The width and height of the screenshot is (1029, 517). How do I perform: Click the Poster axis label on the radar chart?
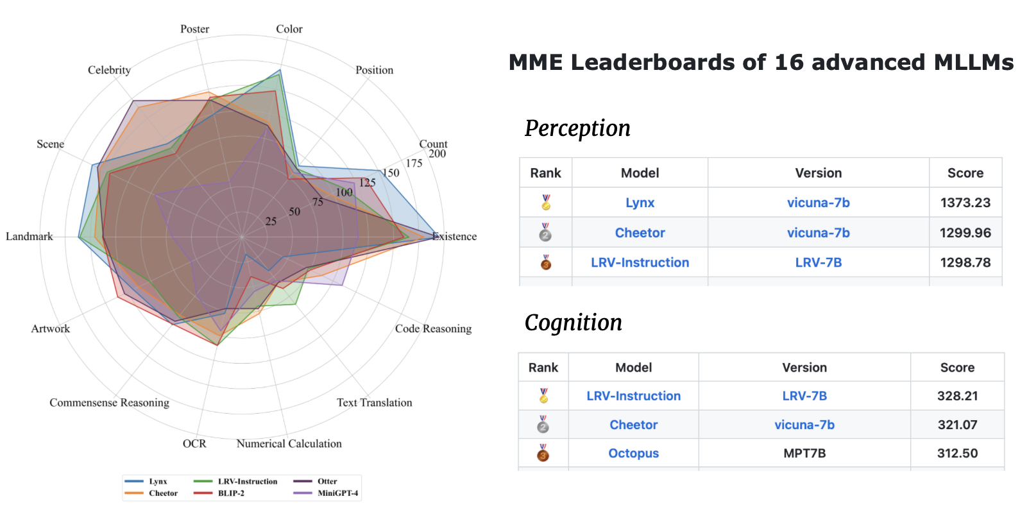click(x=195, y=29)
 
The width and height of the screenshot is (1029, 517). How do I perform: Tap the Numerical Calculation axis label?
click(x=289, y=443)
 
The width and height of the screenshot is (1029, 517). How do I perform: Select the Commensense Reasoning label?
click(x=109, y=403)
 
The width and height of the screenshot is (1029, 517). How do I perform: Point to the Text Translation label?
click(x=375, y=403)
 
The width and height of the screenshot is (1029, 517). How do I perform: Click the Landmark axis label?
click(x=29, y=237)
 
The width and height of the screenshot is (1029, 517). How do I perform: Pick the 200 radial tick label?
click(x=438, y=154)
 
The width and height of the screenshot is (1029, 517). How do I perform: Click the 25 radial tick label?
click(x=271, y=221)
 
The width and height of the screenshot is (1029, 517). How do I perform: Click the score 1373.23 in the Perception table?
click(x=965, y=203)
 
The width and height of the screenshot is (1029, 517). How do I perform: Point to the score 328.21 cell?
click(x=957, y=396)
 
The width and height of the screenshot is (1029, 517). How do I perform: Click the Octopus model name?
click(x=633, y=453)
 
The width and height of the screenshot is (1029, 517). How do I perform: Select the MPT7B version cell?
click(x=804, y=453)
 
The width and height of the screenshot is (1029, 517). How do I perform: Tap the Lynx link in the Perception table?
click(x=640, y=203)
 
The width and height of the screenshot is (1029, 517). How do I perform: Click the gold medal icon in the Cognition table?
click(x=543, y=396)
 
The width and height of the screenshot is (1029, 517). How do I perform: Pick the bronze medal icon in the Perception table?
click(x=546, y=262)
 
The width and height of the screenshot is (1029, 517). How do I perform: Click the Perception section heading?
click(x=577, y=128)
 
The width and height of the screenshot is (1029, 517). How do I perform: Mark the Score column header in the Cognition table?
click(x=957, y=368)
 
